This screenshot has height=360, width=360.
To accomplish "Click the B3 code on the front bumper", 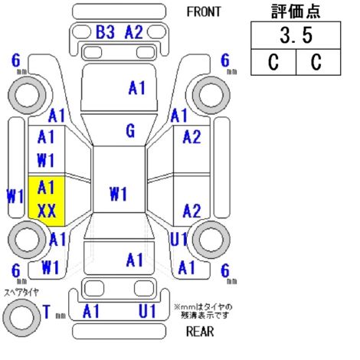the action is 105,32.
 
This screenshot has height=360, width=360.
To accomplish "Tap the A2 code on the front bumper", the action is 134,32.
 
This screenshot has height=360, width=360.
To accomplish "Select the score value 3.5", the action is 296,35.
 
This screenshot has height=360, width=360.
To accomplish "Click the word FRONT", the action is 204,11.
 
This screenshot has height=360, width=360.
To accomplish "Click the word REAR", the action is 200,332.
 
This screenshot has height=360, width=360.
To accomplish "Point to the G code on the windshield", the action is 130,131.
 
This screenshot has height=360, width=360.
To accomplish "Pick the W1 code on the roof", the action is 118,194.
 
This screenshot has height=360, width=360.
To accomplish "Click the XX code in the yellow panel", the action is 47,211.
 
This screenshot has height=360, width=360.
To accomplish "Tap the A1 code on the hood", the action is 137,88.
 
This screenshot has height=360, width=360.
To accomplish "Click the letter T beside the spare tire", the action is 47,312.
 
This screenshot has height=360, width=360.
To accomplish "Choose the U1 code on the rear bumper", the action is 147,311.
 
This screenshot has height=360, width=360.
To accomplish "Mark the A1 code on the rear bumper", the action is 91,311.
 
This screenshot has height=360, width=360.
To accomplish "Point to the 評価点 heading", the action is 296,11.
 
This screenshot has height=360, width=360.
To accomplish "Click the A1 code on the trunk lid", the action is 135,260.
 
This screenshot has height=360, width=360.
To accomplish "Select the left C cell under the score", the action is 273,62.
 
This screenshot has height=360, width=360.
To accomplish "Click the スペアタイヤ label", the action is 21,292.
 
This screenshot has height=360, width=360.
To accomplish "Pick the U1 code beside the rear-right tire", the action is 179,240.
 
